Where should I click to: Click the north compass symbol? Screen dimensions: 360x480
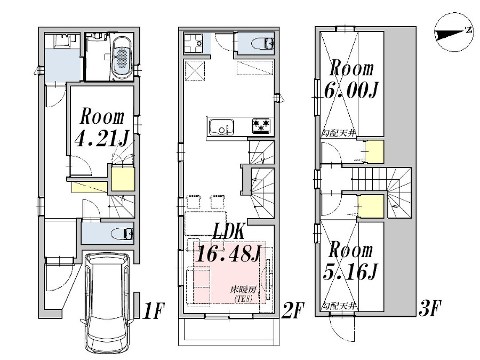(454, 33)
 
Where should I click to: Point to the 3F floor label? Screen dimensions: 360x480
(429, 309)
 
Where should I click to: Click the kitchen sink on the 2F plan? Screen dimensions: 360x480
(221, 127)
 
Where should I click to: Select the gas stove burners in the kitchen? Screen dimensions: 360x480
(261, 126)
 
